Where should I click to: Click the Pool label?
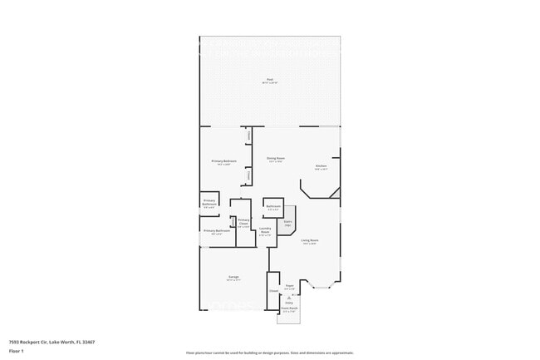coord(270,80)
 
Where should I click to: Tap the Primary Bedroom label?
coord(223,161)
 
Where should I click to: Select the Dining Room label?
coord(276,159)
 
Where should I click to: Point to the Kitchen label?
coord(321,167)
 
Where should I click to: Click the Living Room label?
coord(310,242)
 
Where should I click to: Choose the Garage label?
coord(234,279)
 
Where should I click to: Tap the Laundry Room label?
coord(265,231)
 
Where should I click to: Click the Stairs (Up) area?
coord(288,222)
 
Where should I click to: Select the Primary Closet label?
coord(243,223)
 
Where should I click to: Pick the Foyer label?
coord(290,287)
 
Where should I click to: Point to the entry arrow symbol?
coord(289,297)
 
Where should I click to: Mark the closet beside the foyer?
coord(273,292)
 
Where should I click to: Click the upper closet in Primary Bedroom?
coord(248,136)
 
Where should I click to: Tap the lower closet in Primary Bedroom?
coord(248,175)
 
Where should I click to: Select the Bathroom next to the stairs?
coord(273,207)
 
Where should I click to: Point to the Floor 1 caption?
coord(17,352)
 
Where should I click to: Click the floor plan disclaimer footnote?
coord(270,353)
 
